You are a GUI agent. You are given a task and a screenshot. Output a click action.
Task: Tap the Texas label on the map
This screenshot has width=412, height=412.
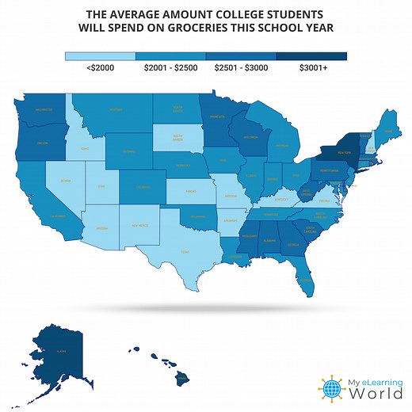(185, 251)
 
